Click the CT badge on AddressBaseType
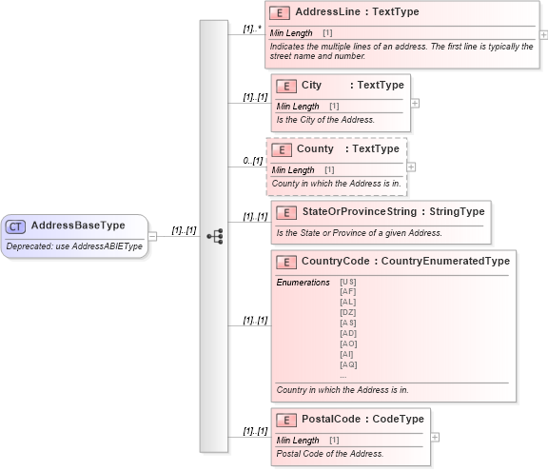pyautogui.click(x=16, y=226)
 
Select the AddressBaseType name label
pyautogui.click(x=78, y=226)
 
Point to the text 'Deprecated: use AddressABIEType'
pyautogui.click(x=74, y=246)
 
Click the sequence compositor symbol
pyautogui.click(x=214, y=236)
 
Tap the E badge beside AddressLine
pyautogui.click(x=280, y=12)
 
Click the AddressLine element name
pyautogui.click(x=327, y=12)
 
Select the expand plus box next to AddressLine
pyautogui.click(x=544, y=34)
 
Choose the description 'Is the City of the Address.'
pyautogui.click(x=325, y=120)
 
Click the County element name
pyautogui.click(x=315, y=149)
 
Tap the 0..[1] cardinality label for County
pyautogui.click(x=252, y=161)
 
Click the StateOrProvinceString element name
pyautogui.click(x=359, y=211)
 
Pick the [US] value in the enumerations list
pyautogui.click(x=347, y=283)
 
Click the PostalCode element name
pyautogui.click(x=330, y=420)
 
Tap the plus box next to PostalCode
pyautogui.click(x=435, y=437)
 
